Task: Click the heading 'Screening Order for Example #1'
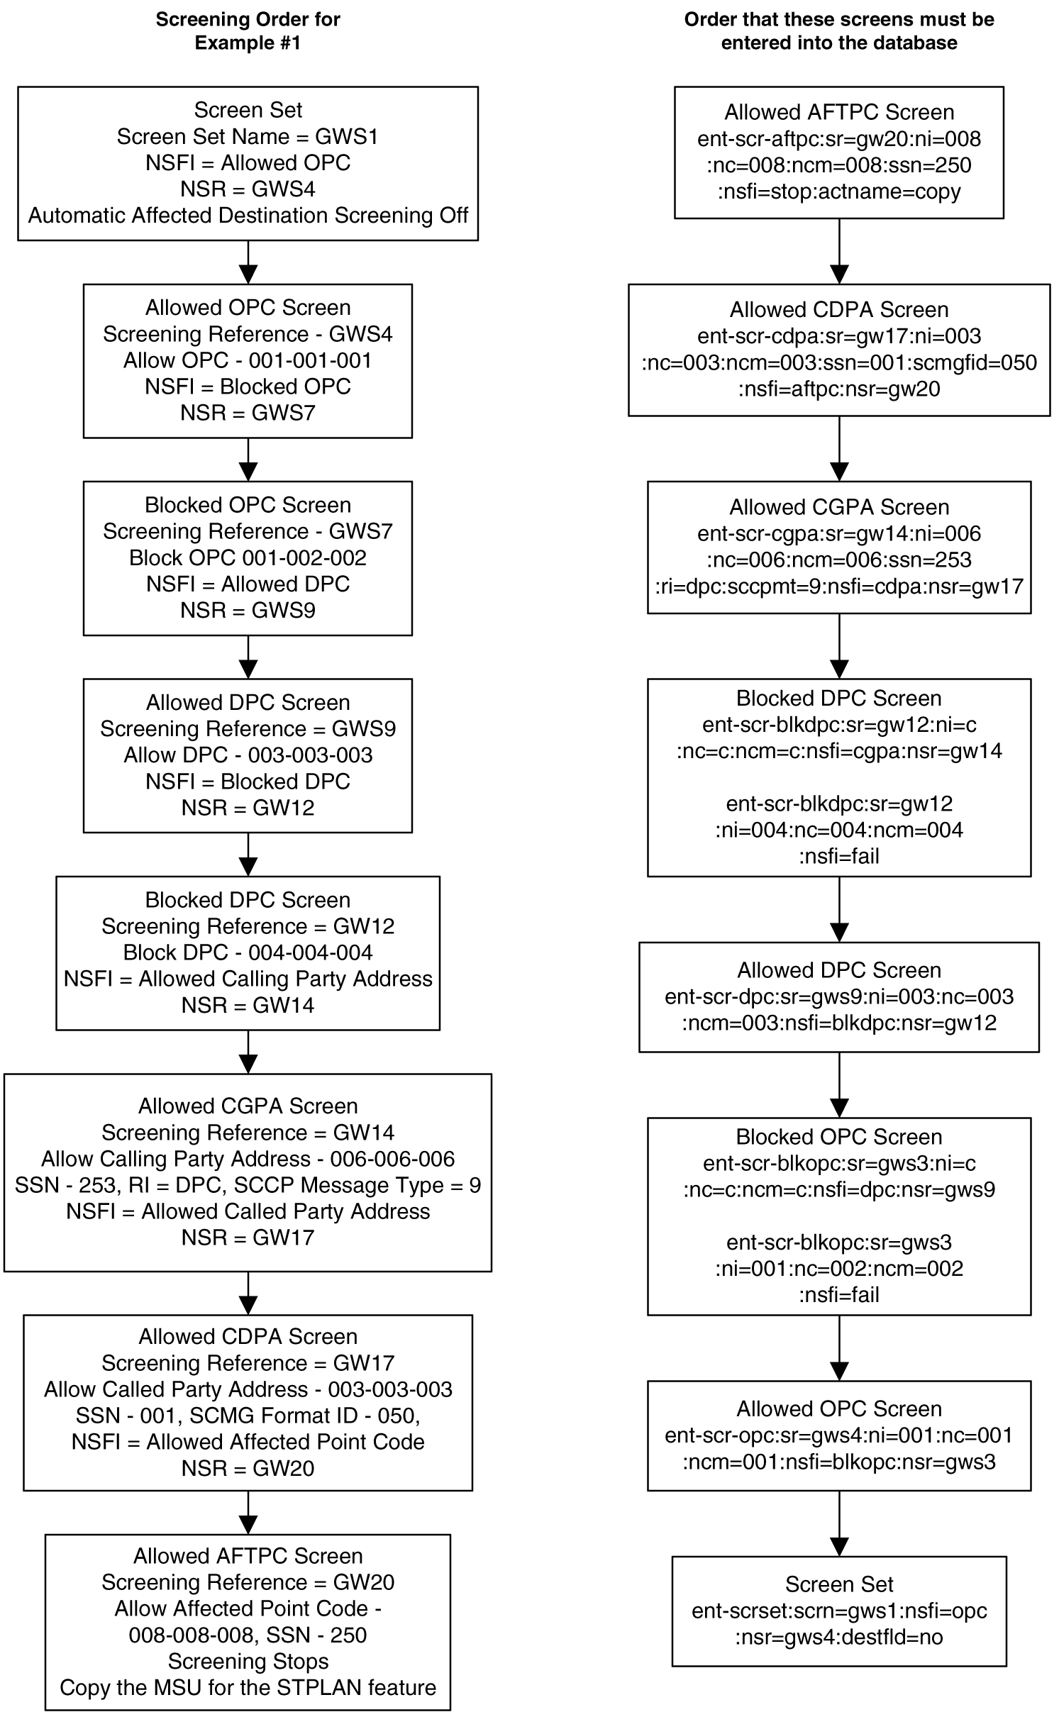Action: pyautogui.click(x=248, y=31)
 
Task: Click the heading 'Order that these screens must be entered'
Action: pyautogui.click(x=838, y=31)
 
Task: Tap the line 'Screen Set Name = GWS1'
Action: pyautogui.click(x=248, y=136)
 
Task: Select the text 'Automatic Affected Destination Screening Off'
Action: pyautogui.click(x=248, y=215)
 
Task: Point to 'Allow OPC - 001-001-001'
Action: pyautogui.click(x=248, y=360)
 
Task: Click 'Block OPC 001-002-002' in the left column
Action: pyautogui.click(x=248, y=557)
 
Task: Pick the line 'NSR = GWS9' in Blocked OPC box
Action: pyautogui.click(x=248, y=610)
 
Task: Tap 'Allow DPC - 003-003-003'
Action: pyautogui.click(x=248, y=755)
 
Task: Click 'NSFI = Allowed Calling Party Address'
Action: pyautogui.click(x=248, y=979)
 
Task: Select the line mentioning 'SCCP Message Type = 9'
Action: pyautogui.click(x=248, y=1185)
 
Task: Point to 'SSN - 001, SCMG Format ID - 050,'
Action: pyautogui.click(x=248, y=1416)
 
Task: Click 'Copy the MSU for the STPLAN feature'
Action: pyautogui.click(x=248, y=1688)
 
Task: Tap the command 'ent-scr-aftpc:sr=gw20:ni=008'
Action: pyautogui.click(x=838, y=138)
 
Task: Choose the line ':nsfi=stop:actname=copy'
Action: pyautogui.click(x=838, y=191)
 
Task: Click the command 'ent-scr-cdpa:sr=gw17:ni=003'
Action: pyautogui.click(x=838, y=336)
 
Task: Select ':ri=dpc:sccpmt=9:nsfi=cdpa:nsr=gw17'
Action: pyautogui.click(x=838, y=587)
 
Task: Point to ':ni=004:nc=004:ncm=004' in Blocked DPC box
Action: pyautogui.click(x=838, y=830)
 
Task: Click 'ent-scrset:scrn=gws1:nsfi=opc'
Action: pyautogui.click(x=838, y=1611)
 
